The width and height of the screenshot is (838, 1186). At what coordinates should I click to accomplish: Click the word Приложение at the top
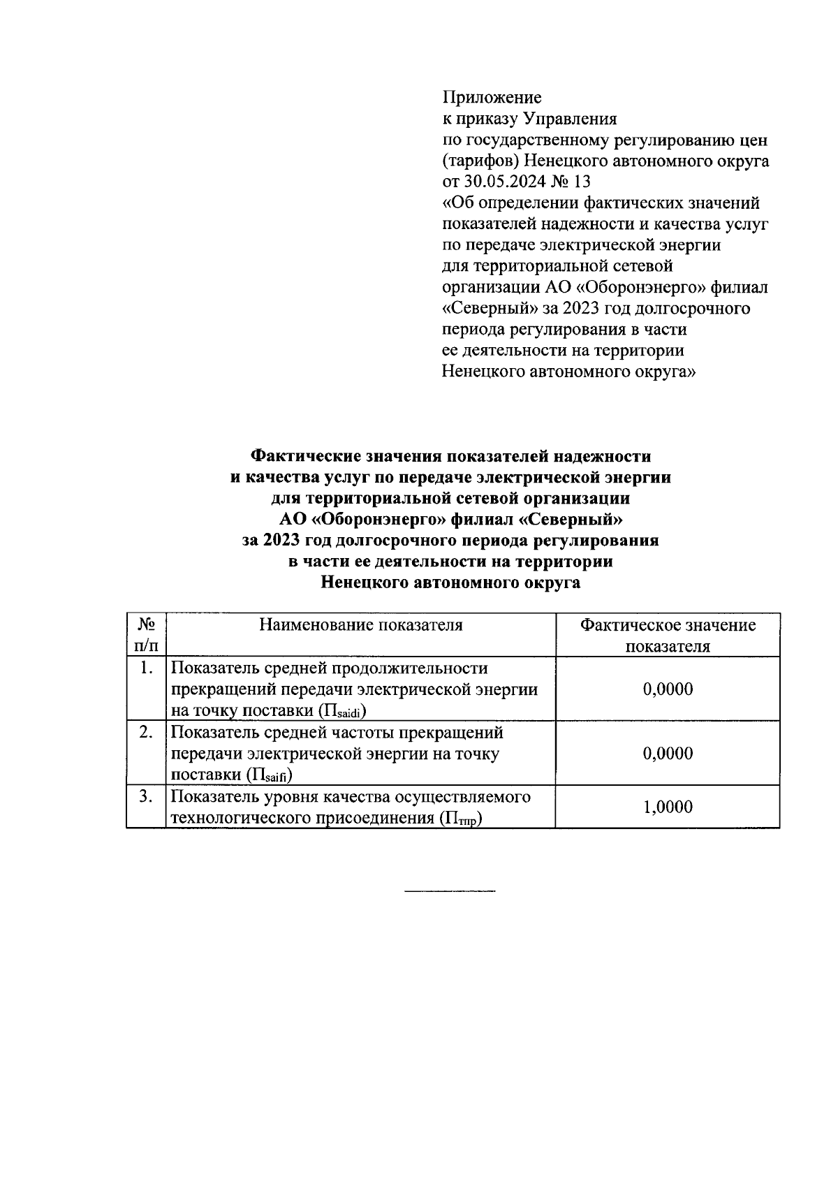pyautogui.click(x=492, y=97)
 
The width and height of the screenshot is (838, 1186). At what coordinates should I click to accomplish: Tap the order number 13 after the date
pyautogui.click(x=580, y=182)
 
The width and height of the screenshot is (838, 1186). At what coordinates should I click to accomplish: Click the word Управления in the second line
pyautogui.click(x=570, y=119)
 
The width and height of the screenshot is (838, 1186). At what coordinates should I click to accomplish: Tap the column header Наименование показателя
pyautogui.click(x=360, y=624)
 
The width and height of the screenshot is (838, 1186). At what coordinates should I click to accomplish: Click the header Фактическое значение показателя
pyautogui.click(x=668, y=635)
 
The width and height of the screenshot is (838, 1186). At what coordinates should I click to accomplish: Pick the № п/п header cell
pyautogui.click(x=146, y=635)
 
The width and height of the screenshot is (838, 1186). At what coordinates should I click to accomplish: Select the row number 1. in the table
pyautogui.click(x=145, y=668)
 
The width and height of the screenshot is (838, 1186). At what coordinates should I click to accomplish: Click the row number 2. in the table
pyautogui.click(x=145, y=733)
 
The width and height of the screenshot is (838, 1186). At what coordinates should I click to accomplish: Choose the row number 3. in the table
pyautogui.click(x=145, y=797)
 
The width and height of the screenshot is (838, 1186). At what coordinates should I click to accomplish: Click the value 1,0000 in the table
pyautogui.click(x=668, y=807)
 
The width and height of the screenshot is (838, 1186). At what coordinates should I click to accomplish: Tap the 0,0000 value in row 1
pyautogui.click(x=668, y=689)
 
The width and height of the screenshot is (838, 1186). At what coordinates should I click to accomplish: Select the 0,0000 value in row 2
pyautogui.click(x=668, y=754)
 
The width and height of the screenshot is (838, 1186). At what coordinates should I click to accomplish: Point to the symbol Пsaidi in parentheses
pyautogui.click(x=343, y=712)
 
